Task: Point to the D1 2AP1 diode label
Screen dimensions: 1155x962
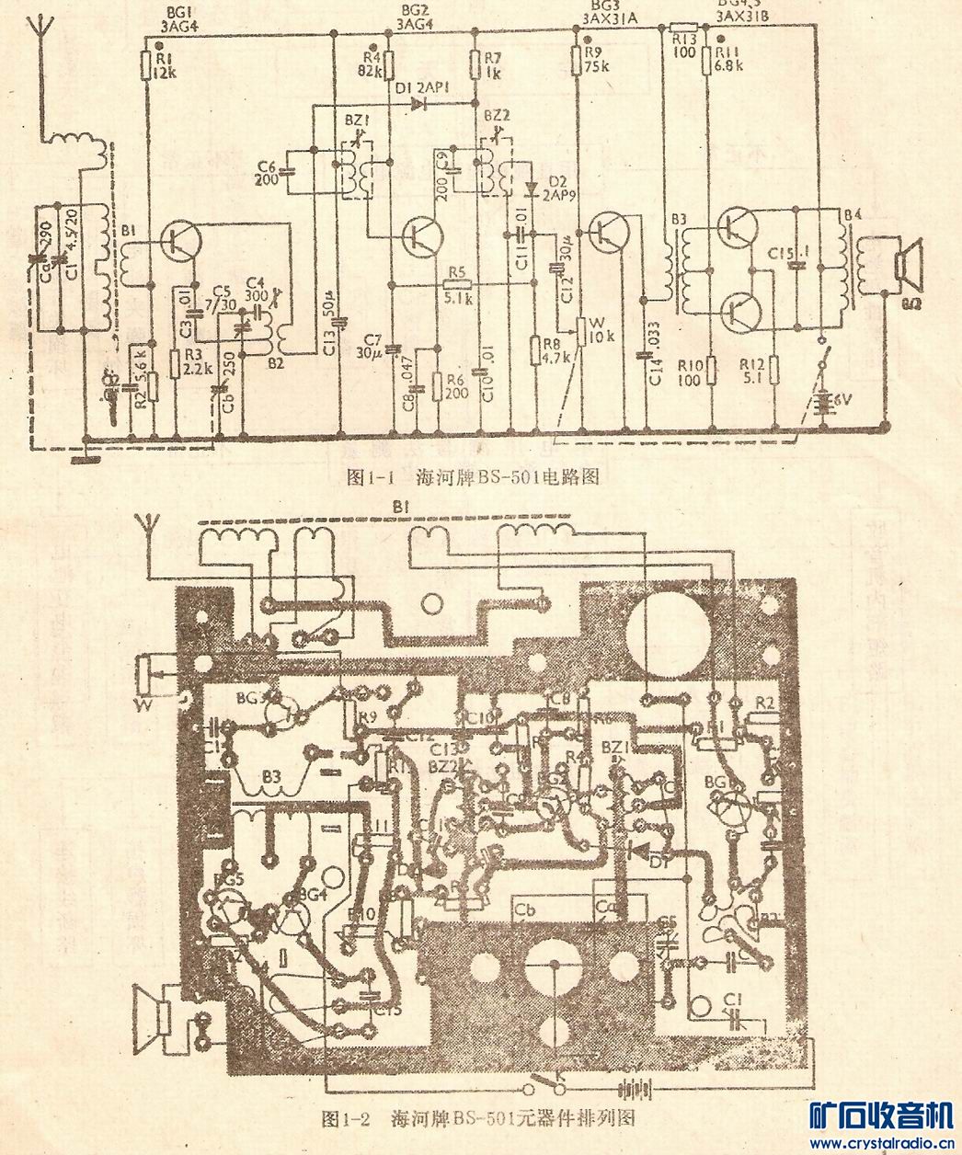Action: (x=420, y=88)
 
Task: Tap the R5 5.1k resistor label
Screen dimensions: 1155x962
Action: (x=457, y=291)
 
